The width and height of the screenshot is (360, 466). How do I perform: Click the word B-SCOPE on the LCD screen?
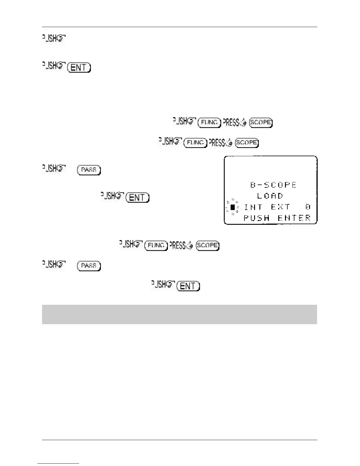point(273,185)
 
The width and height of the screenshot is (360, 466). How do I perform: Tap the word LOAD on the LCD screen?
point(270,196)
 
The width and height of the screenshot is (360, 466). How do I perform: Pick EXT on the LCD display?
point(281,207)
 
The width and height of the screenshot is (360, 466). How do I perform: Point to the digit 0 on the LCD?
point(308,207)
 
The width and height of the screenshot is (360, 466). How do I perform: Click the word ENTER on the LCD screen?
point(294,218)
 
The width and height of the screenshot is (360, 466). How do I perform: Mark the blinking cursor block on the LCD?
point(232,207)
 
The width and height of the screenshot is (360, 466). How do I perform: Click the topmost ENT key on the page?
point(79,68)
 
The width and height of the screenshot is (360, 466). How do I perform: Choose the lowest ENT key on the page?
point(188,286)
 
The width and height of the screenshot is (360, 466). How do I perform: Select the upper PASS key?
point(89,170)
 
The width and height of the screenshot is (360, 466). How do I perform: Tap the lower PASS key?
point(89,266)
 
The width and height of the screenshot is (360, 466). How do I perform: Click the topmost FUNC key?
point(209,122)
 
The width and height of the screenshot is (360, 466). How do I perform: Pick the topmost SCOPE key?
point(261,122)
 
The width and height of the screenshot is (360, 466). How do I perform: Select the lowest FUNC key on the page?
point(156,245)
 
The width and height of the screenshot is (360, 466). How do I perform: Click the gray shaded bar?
point(179,314)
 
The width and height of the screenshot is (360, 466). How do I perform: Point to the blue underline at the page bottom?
point(58,463)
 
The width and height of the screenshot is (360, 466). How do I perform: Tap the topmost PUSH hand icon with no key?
point(54,38)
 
